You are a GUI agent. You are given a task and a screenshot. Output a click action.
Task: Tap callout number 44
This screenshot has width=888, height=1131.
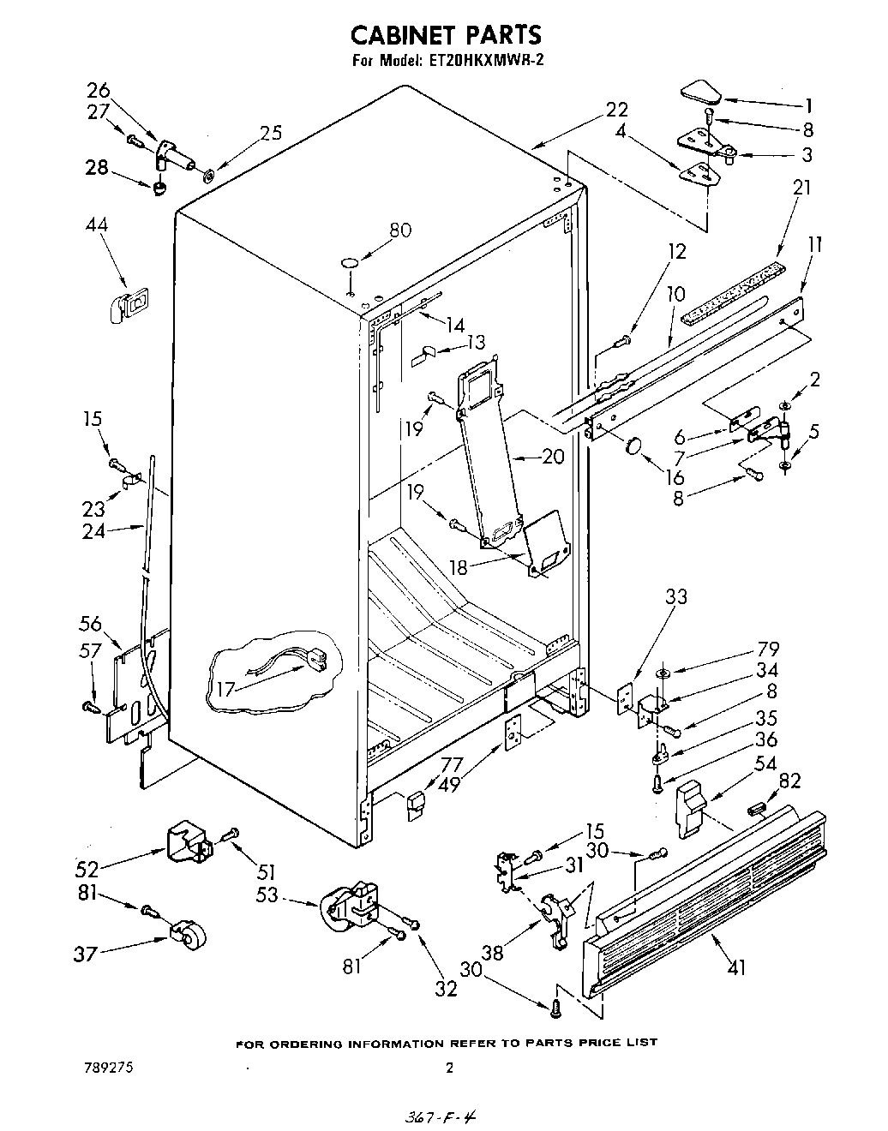coord(96,224)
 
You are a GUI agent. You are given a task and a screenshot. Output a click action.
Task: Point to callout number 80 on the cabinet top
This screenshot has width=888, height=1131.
coord(399,230)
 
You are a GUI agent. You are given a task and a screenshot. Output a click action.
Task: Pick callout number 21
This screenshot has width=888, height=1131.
coord(801,187)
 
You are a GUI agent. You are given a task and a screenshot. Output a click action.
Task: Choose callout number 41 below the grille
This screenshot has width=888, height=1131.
coord(735,967)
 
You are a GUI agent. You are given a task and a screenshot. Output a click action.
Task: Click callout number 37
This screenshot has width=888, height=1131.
coord(84,954)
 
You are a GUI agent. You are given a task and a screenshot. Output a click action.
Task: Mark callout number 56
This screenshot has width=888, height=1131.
coord(90,624)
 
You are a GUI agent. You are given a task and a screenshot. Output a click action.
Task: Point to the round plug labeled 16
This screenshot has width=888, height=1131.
coord(635,446)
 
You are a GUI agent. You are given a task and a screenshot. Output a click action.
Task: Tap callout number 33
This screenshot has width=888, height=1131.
coord(676,597)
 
